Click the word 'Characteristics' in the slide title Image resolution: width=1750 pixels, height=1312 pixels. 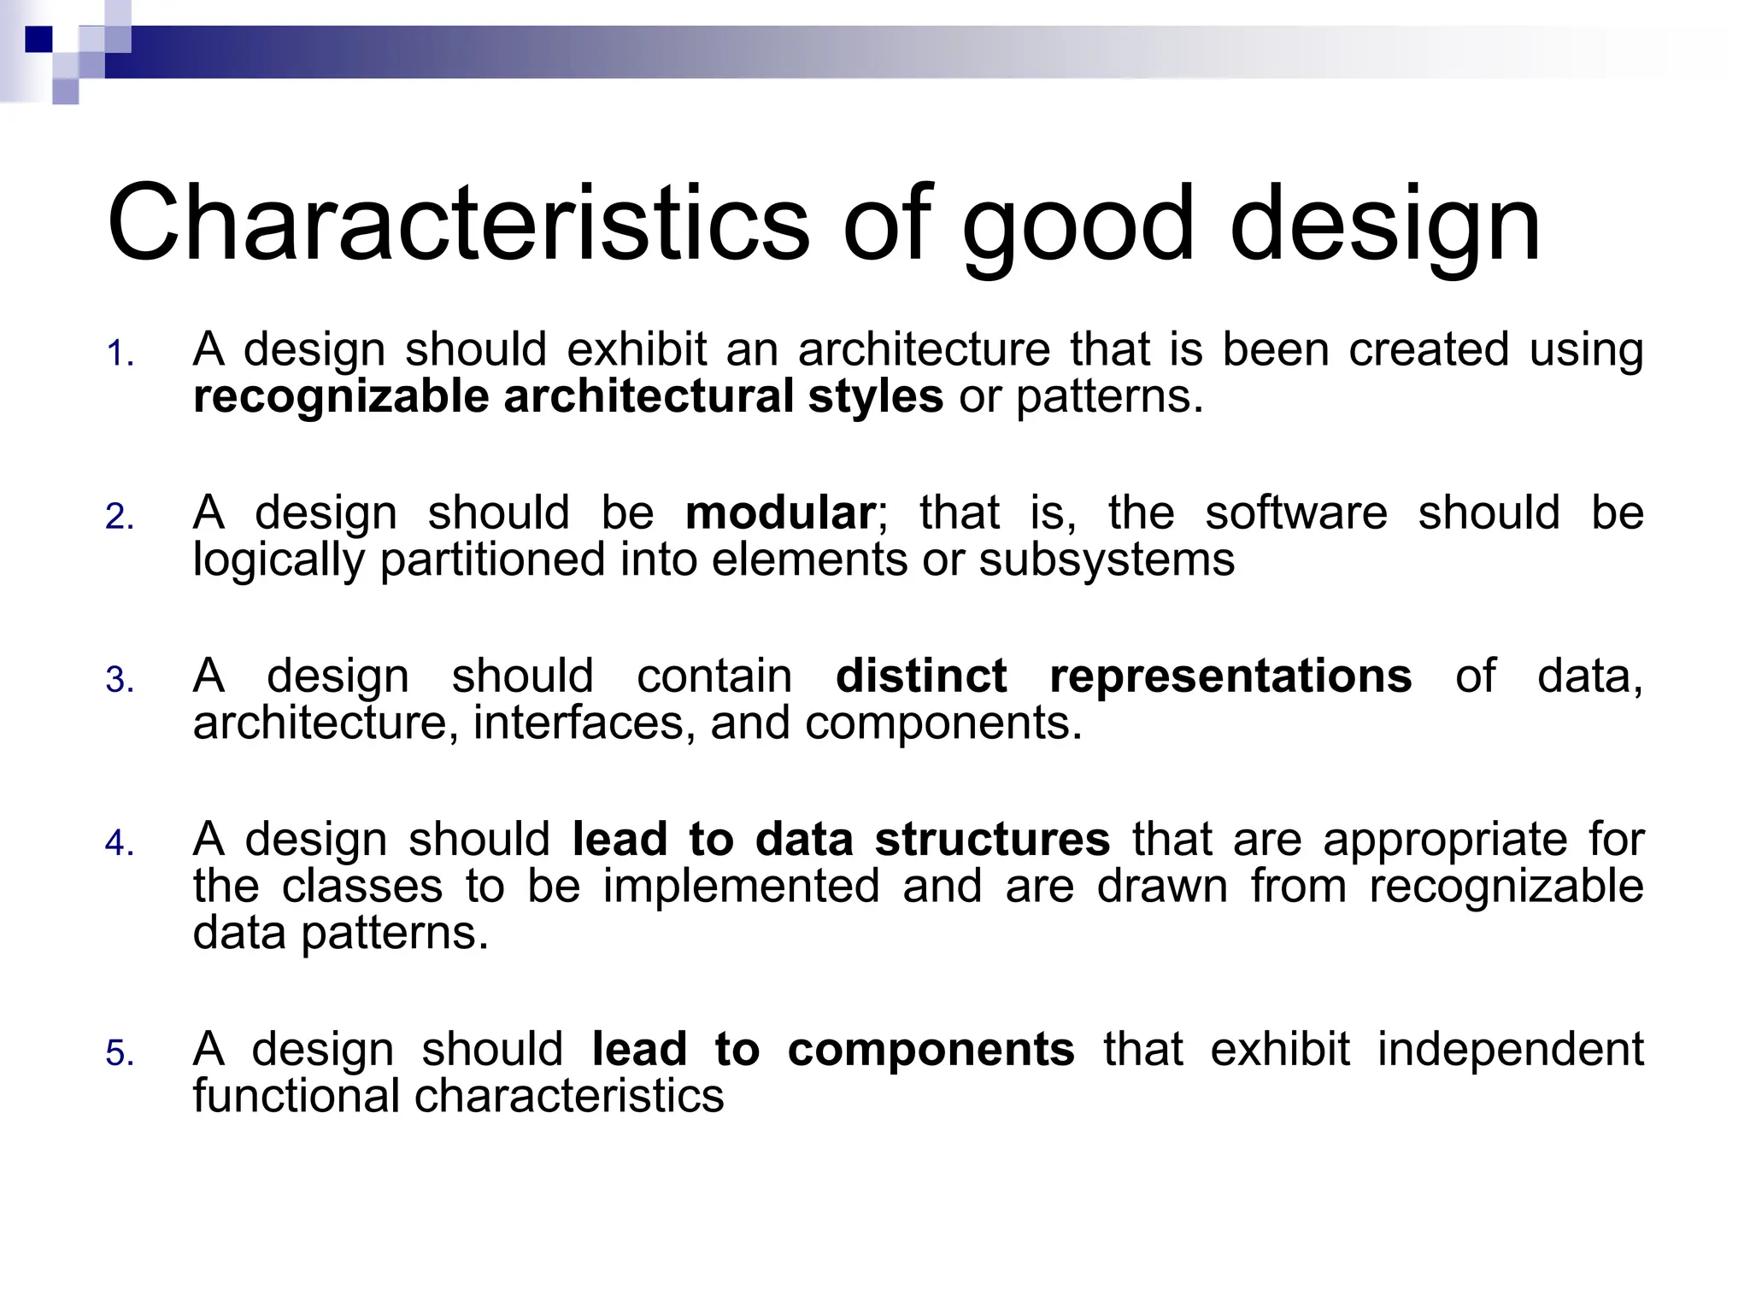[457, 224]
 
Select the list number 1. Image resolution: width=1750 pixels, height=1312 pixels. [119, 354]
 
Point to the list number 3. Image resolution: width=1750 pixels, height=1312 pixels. [119, 681]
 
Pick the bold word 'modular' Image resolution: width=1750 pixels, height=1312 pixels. [779, 513]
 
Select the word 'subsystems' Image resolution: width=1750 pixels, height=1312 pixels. [1107, 560]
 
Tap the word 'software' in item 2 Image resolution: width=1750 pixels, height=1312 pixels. [1296, 513]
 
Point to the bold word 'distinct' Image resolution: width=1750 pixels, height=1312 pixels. [921, 676]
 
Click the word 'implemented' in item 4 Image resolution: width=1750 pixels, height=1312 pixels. [741, 887]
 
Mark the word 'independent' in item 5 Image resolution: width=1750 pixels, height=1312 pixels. [1511, 1049]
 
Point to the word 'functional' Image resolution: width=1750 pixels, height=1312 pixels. [296, 1096]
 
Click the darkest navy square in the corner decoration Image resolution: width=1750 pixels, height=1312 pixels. [39, 39]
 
